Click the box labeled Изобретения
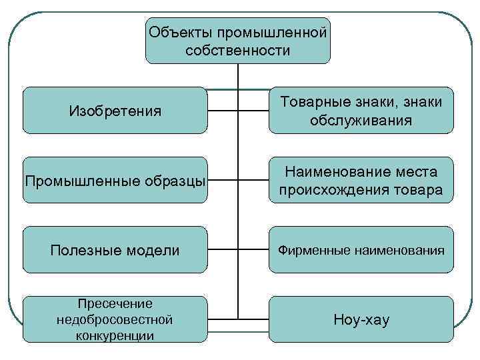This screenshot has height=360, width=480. tap(115, 110)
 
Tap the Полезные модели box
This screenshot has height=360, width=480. tap(115, 250)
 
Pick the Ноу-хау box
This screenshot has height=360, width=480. tap(361, 319)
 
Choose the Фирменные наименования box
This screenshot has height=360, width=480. tap(361, 250)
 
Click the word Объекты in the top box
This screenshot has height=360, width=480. tap(175, 32)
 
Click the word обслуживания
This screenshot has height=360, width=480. tap(361, 121)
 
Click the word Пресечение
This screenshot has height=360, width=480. tap(115, 304)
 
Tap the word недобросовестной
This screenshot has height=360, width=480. tap(115, 319)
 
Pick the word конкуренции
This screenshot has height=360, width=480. tap(115, 335)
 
